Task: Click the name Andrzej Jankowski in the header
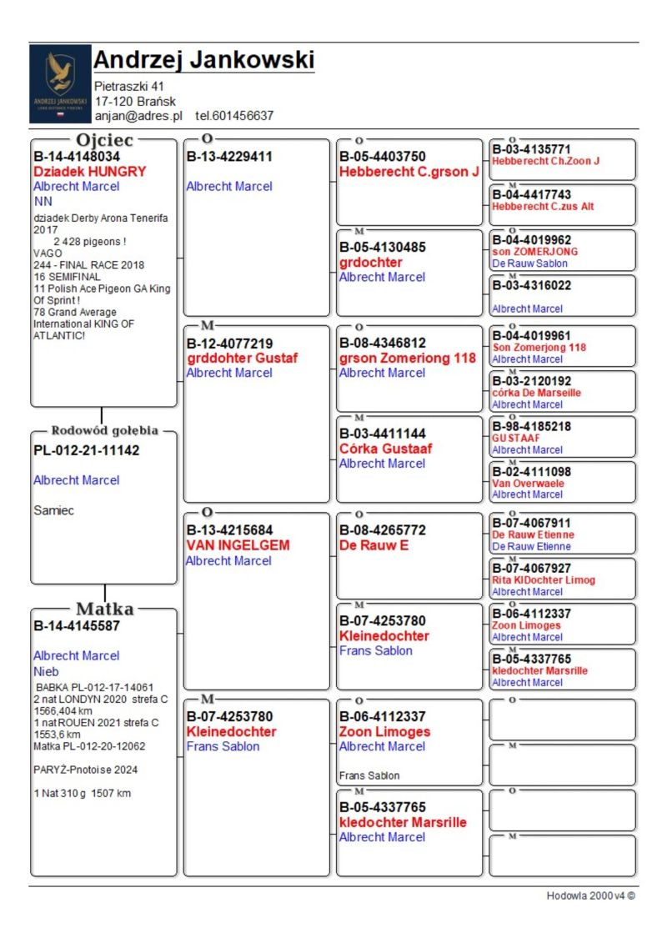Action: [203, 60]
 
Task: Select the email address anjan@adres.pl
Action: [138, 116]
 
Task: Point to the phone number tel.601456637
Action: [234, 116]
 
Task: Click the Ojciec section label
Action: [104, 139]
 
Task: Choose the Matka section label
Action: [104, 608]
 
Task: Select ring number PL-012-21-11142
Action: [86, 450]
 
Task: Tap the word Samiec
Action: [53, 510]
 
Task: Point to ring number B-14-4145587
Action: [77, 624]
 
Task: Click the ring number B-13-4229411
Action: [229, 156]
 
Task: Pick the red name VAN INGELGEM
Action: [238, 545]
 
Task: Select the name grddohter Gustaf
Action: [242, 359]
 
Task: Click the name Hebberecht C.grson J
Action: [409, 172]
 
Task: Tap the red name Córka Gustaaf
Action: [385, 449]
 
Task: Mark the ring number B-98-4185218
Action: [531, 426]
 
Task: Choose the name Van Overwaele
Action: [528, 483]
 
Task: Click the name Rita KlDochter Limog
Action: [544, 580]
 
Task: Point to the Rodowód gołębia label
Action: [104, 431]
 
